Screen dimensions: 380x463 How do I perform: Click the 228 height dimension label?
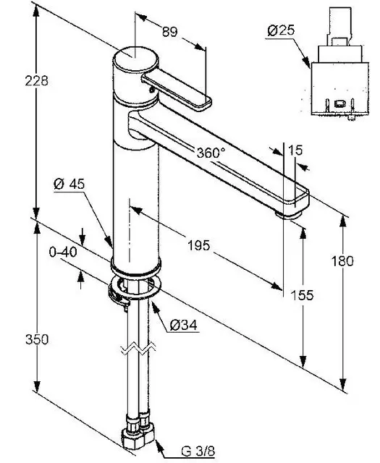pyautogui.click(x=36, y=80)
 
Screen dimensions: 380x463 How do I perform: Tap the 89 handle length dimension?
pyautogui.click(x=170, y=32)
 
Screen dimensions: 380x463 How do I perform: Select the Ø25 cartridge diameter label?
pyautogui.click(x=281, y=30)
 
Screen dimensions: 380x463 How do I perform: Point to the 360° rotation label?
pyautogui.click(x=211, y=153)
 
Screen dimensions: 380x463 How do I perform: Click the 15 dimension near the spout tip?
pyautogui.click(x=295, y=150)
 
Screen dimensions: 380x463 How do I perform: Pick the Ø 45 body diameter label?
pyautogui.click(x=69, y=184)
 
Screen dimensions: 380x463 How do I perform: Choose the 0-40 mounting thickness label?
pyautogui.click(x=63, y=252)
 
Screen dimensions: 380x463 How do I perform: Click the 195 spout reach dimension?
pyautogui.click(x=199, y=245)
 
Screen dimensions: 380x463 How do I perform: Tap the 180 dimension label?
pyautogui.click(x=342, y=261)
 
